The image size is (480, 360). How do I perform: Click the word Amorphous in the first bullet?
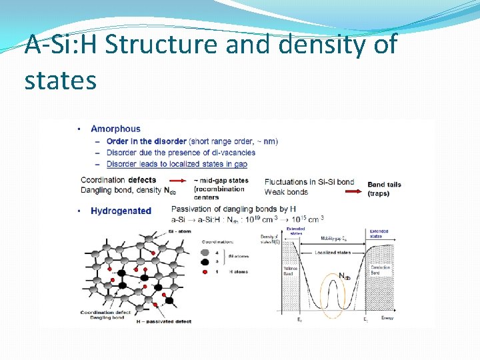[x=115, y=129]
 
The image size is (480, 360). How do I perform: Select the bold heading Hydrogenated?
[x=121, y=211]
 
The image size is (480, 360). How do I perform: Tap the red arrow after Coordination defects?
[x=177, y=180]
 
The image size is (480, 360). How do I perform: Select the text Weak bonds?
[x=286, y=192]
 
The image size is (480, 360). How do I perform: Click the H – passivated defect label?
[x=164, y=321]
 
